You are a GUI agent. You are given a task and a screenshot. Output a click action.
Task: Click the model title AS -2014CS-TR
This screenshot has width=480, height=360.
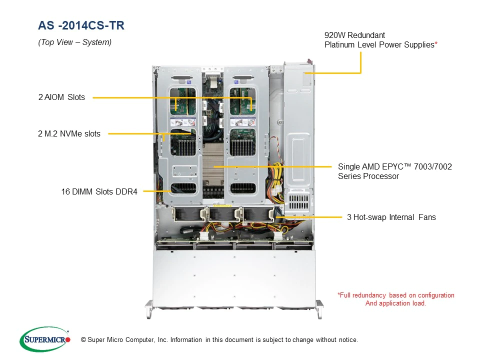pos(81,25)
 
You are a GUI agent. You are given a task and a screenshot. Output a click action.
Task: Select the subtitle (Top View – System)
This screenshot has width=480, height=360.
pos(74,42)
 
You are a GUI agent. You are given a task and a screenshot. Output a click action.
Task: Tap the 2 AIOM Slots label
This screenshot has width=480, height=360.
pos(61,97)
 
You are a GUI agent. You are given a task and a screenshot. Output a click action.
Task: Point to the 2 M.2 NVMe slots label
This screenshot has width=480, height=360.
pos(69,134)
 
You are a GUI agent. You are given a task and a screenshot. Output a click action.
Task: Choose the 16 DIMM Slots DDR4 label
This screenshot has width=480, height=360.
pos(99,191)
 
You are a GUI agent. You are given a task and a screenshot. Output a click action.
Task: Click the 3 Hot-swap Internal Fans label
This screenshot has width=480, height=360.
pos(391,217)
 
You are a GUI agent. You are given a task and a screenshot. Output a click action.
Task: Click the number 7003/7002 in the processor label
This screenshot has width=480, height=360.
pos(433,167)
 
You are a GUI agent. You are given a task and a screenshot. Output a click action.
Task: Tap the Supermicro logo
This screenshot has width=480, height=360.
pos(45,339)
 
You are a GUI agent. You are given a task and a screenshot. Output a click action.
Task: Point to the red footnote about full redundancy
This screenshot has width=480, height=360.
pos(396,299)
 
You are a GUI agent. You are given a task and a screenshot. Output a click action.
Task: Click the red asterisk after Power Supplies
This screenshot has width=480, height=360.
pos(436,43)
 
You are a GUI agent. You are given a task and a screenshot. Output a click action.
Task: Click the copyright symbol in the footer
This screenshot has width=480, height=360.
pos(83,340)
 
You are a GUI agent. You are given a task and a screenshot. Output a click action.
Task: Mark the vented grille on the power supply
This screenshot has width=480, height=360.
pos(299,201)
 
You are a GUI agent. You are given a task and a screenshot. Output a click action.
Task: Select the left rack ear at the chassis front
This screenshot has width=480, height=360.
pos(149,308)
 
